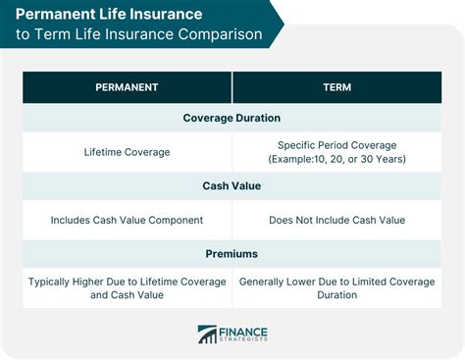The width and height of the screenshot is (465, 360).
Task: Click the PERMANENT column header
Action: (x=128, y=87)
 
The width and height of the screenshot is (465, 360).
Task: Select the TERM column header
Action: (x=336, y=87)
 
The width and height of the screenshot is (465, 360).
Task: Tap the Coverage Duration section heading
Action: (x=232, y=118)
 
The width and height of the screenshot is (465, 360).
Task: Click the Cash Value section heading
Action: (x=232, y=186)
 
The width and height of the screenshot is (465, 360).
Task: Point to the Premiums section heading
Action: (x=232, y=254)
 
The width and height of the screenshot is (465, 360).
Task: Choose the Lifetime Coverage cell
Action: (x=128, y=152)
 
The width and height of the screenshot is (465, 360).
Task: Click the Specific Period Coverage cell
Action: (x=336, y=152)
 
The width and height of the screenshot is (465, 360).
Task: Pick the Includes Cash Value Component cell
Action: (x=128, y=221)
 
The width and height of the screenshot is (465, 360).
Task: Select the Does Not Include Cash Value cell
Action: (x=336, y=221)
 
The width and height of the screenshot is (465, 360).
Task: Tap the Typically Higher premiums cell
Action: (x=128, y=288)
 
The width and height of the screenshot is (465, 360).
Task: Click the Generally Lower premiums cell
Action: (x=336, y=288)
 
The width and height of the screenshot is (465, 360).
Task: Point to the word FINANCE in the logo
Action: (x=246, y=330)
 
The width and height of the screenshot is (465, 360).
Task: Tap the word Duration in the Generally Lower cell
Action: (x=336, y=295)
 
